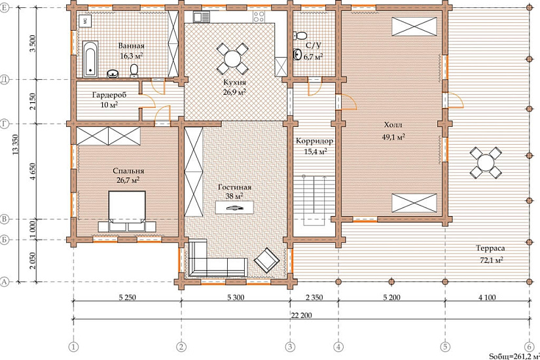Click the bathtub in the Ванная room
point(90,60)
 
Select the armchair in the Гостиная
point(266,260)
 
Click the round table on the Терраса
point(486,162)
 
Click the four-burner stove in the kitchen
point(259,16)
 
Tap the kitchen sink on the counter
point(202,17)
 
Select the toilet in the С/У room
point(300,35)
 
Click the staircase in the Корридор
point(314,200)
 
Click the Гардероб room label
point(109,95)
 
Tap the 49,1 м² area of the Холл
point(393,137)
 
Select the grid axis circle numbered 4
point(339,346)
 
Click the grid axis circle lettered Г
point(5,124)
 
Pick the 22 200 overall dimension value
point(301,315)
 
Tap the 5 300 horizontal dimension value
point(236,297)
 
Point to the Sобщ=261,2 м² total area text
point(514,356)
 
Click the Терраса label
point(490,248)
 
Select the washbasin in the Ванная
point(113,73)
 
